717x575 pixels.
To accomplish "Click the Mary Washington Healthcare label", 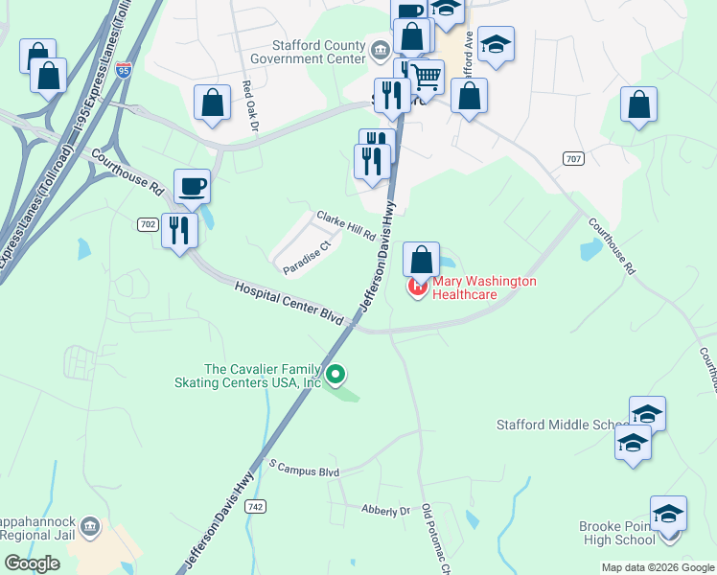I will [x=484, y=287].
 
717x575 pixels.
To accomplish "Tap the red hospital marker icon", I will [x=418, y=287].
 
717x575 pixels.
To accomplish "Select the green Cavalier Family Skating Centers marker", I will [x=335, y=374].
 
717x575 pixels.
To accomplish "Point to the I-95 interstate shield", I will [x=122, y=69].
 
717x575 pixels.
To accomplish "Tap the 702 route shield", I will [x=148, y=223].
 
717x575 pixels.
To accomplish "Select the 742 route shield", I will [x=254, y=507].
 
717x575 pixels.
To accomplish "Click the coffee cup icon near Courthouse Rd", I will [x=192, y=186].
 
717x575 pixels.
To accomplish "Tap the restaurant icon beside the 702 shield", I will [x=179, y=230].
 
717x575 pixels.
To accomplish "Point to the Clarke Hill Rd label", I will [x=345, y=226].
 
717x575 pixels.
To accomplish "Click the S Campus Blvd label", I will [x=305, y=470].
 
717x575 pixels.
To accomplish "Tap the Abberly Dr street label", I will [x=386, y=511].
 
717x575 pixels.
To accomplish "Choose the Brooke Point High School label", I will [x=616, y=533].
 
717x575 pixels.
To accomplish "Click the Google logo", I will [x=32, y=563].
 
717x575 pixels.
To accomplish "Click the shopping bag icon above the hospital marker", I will [x=421, y=259].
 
